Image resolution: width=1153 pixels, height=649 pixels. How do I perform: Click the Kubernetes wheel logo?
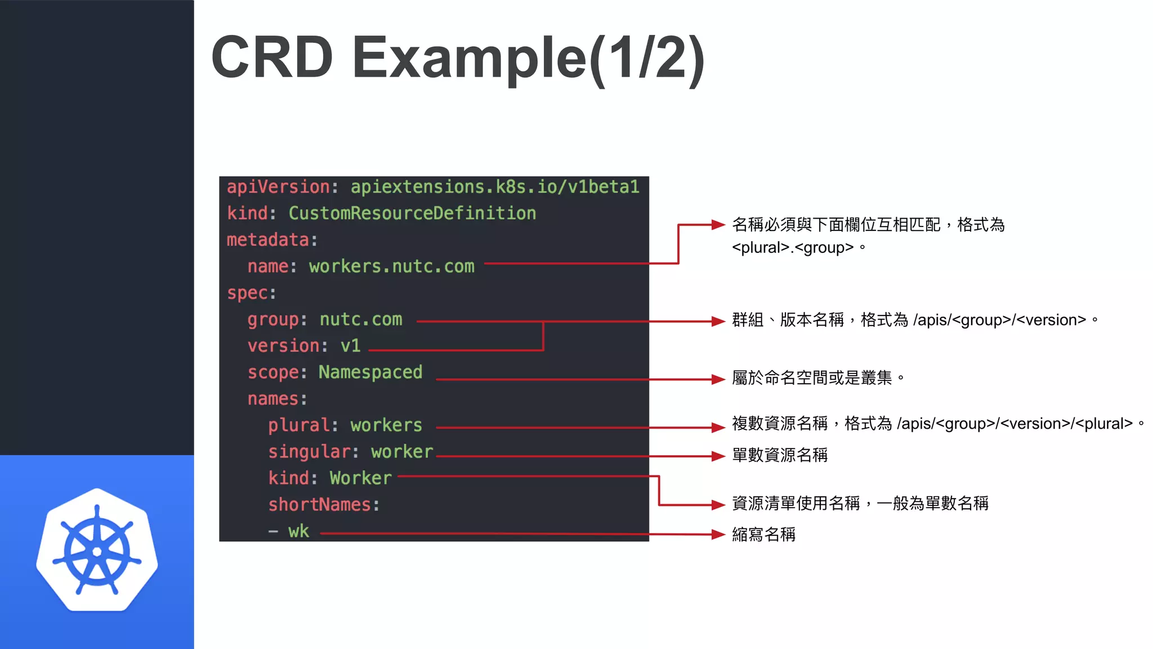(x=97, y=550)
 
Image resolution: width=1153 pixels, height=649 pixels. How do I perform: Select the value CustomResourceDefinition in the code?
(x=412, y=214)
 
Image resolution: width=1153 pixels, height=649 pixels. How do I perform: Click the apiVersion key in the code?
(x=278, y=187)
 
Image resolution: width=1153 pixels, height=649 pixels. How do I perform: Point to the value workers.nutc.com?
(x=391, y=266)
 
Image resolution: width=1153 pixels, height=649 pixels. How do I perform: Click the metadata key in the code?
(x=268, y=240)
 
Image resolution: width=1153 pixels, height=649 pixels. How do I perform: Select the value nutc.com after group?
(x=361, y=319)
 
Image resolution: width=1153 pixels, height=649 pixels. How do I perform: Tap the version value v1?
(x=350, y=346)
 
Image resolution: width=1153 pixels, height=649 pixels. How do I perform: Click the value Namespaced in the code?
(x=370, y=372)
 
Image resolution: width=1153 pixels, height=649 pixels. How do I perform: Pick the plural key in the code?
(x=298, y=425)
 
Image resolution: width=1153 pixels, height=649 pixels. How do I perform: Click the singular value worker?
(x=402, y=452)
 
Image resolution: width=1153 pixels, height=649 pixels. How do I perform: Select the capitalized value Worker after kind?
(x=360, y=478)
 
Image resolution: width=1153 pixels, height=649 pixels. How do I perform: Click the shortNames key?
(x=319, y=505)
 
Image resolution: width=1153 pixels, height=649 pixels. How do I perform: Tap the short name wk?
(x=298, y=531)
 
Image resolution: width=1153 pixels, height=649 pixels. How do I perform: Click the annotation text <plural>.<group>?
(x=793, y=248)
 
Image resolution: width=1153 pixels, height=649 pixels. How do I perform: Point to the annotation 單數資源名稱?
(x=780, y=455)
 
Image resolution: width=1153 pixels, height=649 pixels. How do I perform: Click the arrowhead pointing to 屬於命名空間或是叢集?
(x=718, y=379)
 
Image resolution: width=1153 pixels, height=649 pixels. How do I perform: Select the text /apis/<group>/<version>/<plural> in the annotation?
(x=1015, y=424)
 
